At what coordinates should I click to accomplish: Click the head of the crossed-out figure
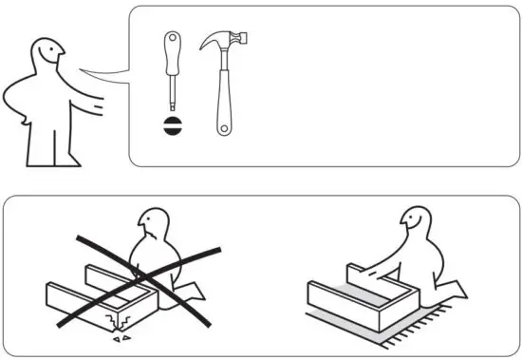pyautogui.click(x=153, y=228)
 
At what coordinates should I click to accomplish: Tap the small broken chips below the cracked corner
pyautogui.click(x=122, y=336)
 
